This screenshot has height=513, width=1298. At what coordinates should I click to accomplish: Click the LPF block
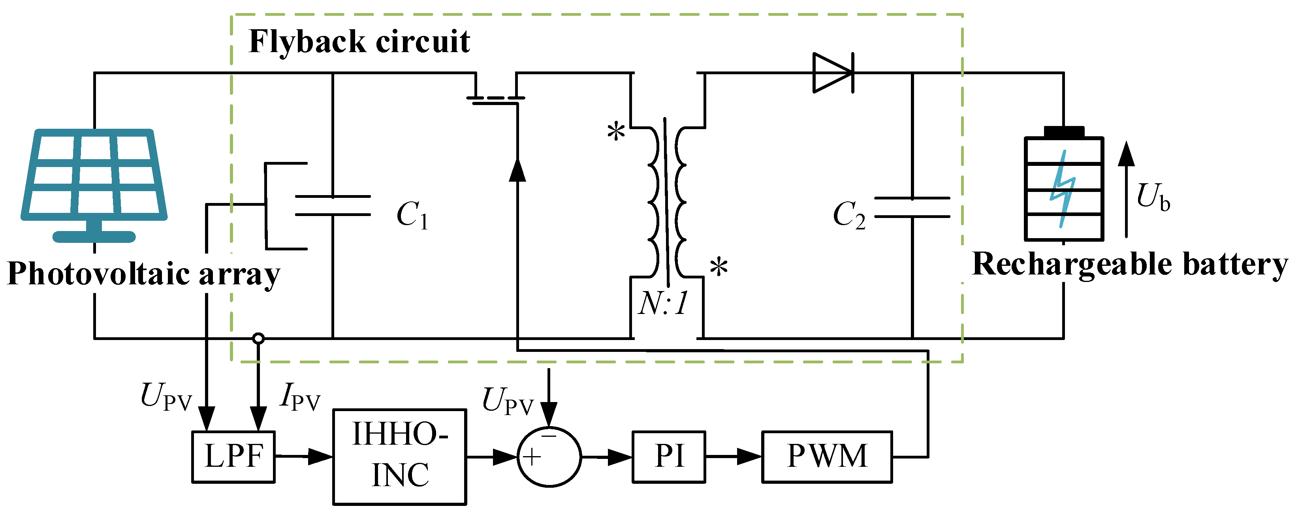click(233, 457)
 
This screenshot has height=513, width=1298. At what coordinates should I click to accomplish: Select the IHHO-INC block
click(400, 457)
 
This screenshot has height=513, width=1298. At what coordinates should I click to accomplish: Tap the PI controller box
click(669, 457)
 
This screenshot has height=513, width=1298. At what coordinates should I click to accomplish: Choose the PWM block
click(827, 457)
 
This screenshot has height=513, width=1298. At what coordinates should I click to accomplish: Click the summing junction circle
click(549, 457)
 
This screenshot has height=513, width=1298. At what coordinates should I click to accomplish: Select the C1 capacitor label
click(412, 215)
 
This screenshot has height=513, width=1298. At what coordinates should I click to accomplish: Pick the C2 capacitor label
click(849, 215)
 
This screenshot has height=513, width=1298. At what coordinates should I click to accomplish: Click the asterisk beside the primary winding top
click(616, 133)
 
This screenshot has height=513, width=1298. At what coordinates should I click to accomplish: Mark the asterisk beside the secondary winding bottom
click(719, 267)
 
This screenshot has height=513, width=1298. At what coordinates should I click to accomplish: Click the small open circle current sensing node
click(258, 338)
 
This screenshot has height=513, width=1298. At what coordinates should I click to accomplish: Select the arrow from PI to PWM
click(733, 457)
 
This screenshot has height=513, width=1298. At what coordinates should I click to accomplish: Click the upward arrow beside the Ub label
click(1126, 189)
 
